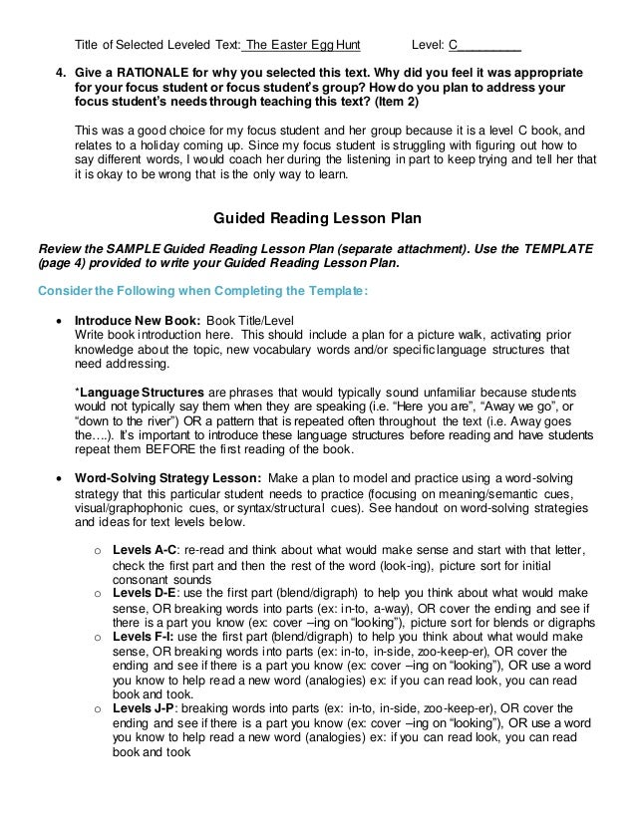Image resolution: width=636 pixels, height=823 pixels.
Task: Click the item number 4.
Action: click(x=58, y=73)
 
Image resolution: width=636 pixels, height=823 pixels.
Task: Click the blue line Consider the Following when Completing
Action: click(x=201, y=291)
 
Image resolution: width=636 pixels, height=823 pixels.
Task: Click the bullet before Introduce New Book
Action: click(x=60, y=321)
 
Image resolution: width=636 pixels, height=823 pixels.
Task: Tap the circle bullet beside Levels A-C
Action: click(x=98, y=551)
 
